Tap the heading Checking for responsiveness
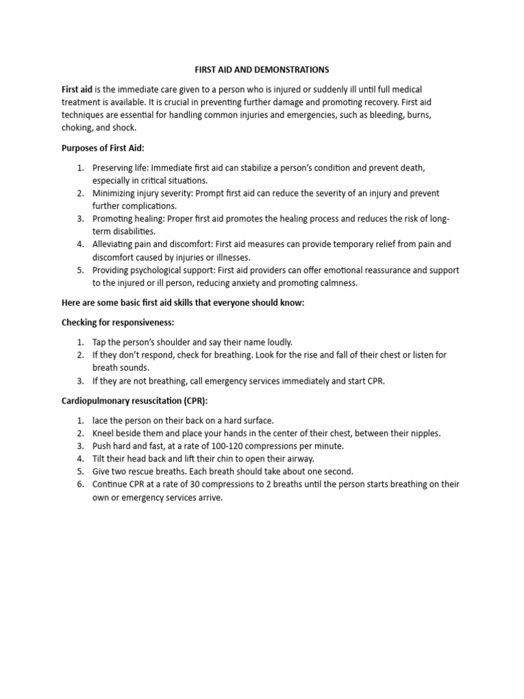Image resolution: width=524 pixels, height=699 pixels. click(118, 322)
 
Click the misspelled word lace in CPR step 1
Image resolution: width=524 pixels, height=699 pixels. click(101, 420)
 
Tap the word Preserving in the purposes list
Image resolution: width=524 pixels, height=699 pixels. click(113, 167)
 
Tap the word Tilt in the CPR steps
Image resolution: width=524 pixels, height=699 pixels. click(100, 458)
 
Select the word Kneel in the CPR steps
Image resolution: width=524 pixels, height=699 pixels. click(104, 433)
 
